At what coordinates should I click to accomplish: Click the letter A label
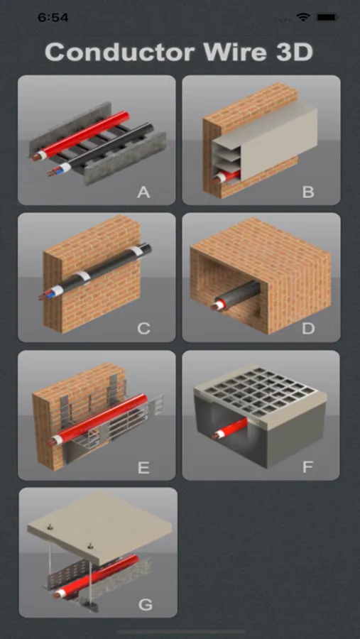point(143,192)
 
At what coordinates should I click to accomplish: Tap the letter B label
point(308,192)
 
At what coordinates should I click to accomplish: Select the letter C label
point(143,329)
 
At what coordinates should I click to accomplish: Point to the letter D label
point(308,329)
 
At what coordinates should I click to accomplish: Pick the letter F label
point(308,466)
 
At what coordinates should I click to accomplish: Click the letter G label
point(146,604)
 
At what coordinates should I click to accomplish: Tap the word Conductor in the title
point(119,52)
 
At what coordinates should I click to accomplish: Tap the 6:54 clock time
point(53,17)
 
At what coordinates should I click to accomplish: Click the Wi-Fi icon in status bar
point(303,17)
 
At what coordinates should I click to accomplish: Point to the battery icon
point(327,17)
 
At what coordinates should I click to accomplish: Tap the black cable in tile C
point(96,272)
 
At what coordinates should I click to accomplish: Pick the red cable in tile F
point(230,429)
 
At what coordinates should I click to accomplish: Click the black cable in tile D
point(236,297)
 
